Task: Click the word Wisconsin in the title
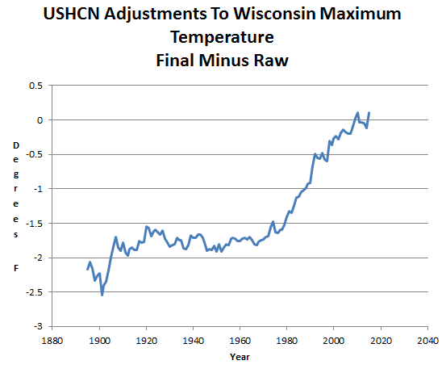point(275,14)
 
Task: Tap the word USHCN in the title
point(72,14)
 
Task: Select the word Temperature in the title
point(222,37)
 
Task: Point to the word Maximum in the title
point(361,14)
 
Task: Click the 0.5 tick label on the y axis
point(35,86)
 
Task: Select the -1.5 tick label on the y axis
point(34,224)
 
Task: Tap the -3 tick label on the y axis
point(39,326)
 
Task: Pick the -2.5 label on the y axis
point(34,292)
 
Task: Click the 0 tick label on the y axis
point(40,120)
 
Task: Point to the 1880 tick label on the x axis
point(52,341)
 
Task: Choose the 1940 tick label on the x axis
point(193,341)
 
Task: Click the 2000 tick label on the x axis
point(334,341)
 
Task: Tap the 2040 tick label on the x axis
point(427,341)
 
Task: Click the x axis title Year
point(240,357)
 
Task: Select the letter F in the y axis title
point(16,268)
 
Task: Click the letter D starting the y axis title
point(16,145)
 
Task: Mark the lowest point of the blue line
point(102,295)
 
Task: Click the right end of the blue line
point(369,113)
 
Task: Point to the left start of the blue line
point(87,270)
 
